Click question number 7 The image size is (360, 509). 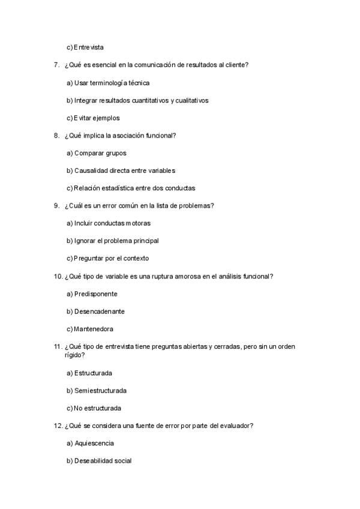[56, 65]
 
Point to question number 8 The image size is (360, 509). [56, 136]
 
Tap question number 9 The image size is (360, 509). [56, 206]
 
